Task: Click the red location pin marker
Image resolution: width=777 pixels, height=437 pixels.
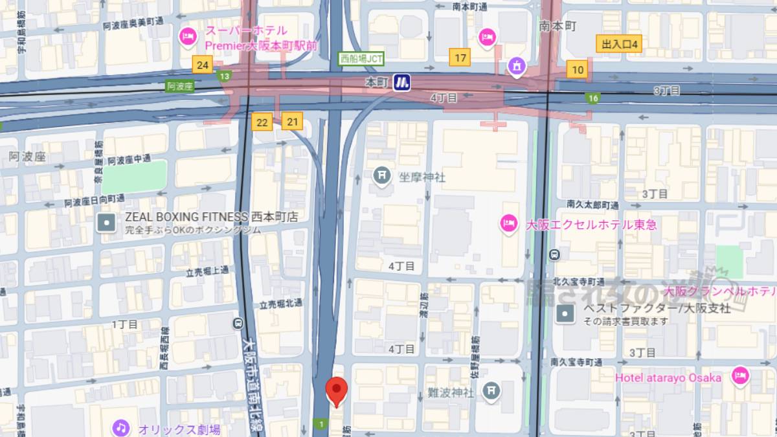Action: (336, 390)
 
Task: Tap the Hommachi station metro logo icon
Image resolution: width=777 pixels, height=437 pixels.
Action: (402, 82)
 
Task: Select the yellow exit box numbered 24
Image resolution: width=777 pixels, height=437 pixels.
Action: (203, 65)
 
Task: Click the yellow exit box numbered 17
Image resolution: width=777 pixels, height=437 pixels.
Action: (460, 58)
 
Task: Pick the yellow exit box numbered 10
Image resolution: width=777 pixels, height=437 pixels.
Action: (578, 70)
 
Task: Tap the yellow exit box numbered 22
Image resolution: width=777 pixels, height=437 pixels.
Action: (262, 122)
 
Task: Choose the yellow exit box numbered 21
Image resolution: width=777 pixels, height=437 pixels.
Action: (293, 121)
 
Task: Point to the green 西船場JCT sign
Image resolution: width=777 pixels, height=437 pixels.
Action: (361, 59)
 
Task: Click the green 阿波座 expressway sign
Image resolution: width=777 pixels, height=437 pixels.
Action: (179, 86)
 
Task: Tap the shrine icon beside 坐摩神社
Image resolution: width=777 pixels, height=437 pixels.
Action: (382, 175)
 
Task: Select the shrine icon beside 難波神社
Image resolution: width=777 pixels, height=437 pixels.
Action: (493, 390)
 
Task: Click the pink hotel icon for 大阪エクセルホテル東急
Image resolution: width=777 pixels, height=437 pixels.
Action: (509, 224)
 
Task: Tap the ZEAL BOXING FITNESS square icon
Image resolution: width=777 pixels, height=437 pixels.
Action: (106, 223)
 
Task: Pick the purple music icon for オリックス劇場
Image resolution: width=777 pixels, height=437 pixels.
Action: (120, 428)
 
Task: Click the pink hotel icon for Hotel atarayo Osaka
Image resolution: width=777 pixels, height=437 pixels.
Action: (740, 375)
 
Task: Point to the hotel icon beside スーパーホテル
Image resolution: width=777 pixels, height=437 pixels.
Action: (188, 37)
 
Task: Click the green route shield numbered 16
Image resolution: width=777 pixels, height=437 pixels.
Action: (593, 98)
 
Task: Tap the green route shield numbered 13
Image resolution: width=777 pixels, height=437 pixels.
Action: (225, 77)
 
